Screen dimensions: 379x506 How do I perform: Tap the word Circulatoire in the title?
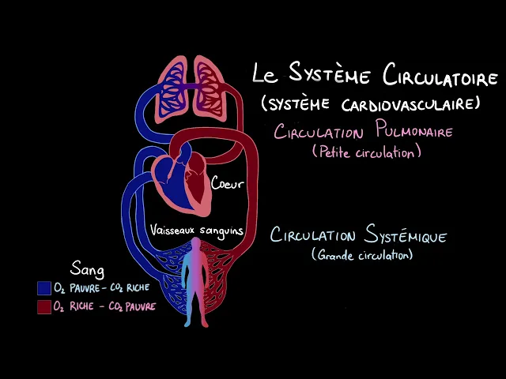[x=440, y=77]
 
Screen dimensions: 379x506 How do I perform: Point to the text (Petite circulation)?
[x=365, y=152]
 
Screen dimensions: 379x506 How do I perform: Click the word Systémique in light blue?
[x=407, y=236]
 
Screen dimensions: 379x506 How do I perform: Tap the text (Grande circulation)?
[x=362, y=255]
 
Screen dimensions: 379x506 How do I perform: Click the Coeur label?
[x=226, y=184]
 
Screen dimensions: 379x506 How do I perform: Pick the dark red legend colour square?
[x=44, y=306]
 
